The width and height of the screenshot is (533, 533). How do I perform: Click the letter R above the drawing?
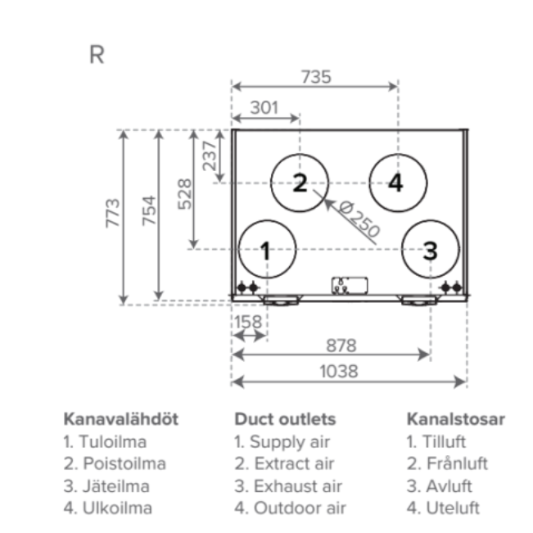(x=97, y=55)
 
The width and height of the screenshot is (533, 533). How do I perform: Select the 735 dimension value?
(x=316, y=77)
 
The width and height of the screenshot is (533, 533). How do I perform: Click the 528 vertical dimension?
(x=184, y=194)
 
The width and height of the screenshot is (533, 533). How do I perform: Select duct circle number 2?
(x=300, y=183)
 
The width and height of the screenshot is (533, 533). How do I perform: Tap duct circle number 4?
(x=396, y=183)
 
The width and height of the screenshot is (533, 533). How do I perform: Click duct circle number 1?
(x=266, y=250)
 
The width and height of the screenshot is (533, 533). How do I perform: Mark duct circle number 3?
(x=430, y=250)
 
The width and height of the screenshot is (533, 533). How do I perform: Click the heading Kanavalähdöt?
(x=120, y=419)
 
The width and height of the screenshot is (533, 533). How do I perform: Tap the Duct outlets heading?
(x=284, y=419)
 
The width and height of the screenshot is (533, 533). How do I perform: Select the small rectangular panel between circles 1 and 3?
(x=349, y=286)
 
